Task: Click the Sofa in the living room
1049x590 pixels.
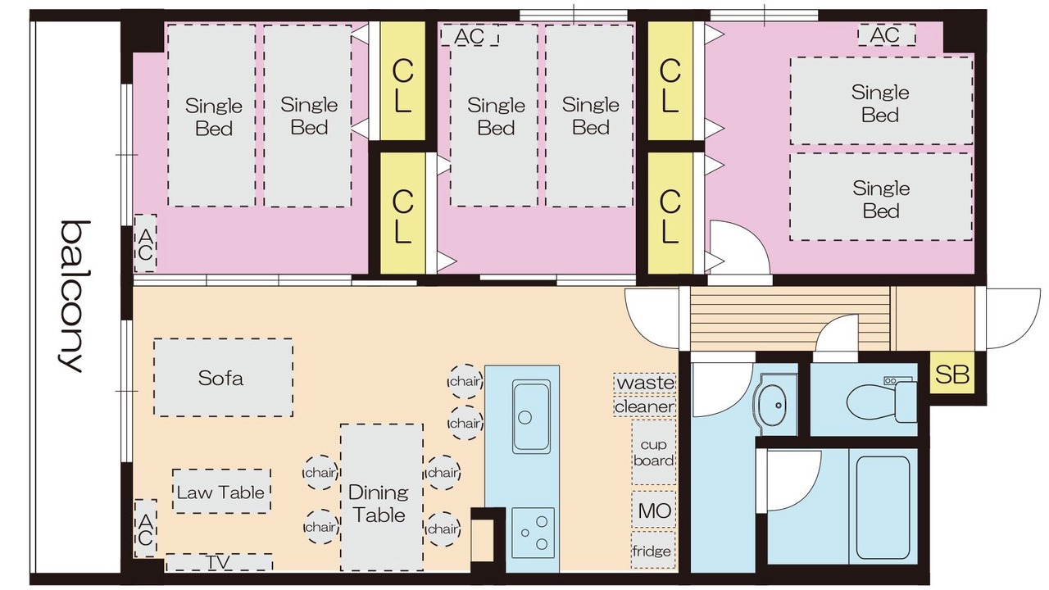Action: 224,378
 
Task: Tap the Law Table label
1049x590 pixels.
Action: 221,492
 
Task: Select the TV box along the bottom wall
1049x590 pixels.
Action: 219,562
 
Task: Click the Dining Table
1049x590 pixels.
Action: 382,497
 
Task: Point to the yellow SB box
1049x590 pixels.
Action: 952,374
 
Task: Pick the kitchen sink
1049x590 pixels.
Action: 531,417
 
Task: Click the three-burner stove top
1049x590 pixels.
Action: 533,533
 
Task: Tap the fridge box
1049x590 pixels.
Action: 653,550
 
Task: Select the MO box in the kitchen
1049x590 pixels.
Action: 654,510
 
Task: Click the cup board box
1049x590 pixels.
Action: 654,452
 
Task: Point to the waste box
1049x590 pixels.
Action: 645,382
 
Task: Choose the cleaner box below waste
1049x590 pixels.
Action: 645,406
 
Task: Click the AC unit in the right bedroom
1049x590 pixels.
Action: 887,35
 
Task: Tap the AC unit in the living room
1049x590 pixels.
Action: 145,529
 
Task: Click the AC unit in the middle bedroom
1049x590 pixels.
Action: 470,35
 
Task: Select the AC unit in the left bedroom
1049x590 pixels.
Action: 145,243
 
